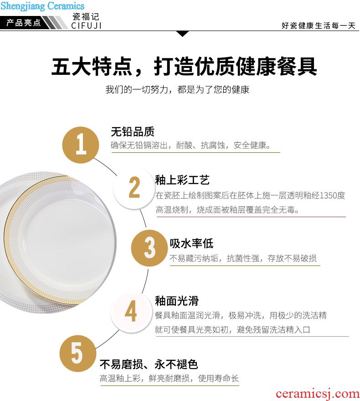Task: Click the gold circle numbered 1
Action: [x=81, y=145]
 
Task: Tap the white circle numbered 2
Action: [x=134, y=187]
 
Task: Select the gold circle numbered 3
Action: [x=149, y=248]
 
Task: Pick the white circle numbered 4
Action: [x=131, y=312]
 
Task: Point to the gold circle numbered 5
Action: [x=77, y=354]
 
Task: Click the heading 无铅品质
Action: [x=133, y=132]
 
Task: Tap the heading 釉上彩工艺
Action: [x=182, y=180]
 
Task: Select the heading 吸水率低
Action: [x=191, y=243]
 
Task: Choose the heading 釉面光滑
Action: [x=176, y=301]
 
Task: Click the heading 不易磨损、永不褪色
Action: [x=149, y=364]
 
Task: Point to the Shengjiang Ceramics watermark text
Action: [x=42, y=5]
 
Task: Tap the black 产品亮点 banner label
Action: [x=24, y=23]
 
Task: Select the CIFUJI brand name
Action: [x=87, y=26]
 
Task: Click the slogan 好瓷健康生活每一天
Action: [x=319, y=26]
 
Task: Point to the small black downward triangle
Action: [x=182, y=34]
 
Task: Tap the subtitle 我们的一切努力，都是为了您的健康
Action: [x=177, y=89]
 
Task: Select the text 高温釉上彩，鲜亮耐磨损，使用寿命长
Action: [x=169, y=378]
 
